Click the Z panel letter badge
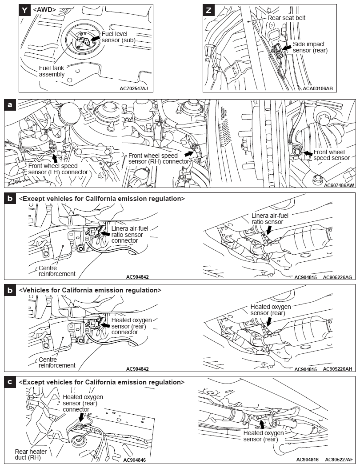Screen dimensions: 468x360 209,10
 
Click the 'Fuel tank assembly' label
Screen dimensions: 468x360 52,71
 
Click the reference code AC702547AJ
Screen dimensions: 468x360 134,88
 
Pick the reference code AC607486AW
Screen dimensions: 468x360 339,185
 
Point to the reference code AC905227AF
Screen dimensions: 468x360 339,460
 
